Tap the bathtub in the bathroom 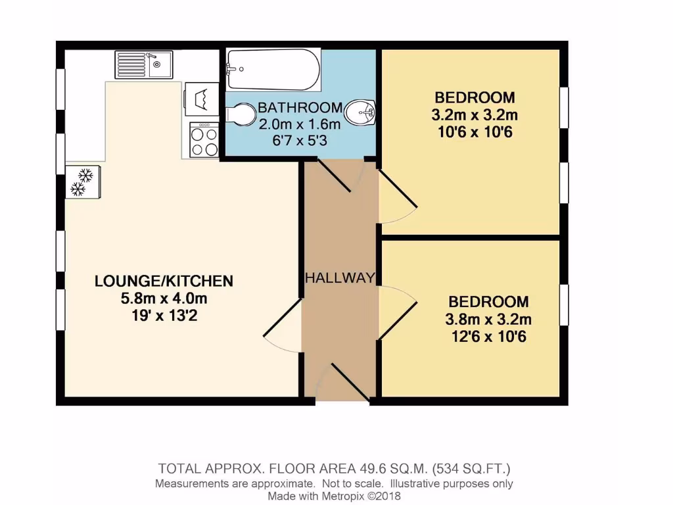[x=273, y=70]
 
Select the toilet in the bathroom [x=239, y=114]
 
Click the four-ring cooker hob [x=204, y=140]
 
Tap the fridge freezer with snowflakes [x=82, y=181]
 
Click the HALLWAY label [x=340, y=278]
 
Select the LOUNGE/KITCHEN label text [x=164, y=281]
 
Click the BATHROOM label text [x=300, y=108]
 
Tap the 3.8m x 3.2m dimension [x=488, y=320]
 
